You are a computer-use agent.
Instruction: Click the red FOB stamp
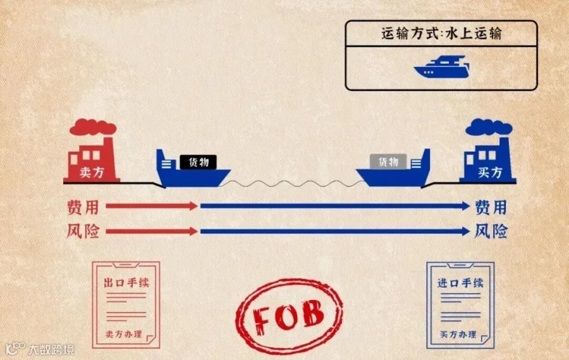tap(289, 312)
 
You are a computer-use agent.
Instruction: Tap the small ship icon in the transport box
tap(441, 66)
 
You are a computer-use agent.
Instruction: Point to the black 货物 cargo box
tap(198, 163)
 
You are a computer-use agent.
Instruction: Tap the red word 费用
tap(83, 207)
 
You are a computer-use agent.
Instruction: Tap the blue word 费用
tap(491, 207)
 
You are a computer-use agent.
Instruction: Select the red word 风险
tap(83, 232)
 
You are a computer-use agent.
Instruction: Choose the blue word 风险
tap(491, 232)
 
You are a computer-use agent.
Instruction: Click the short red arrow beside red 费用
tap(152, 206)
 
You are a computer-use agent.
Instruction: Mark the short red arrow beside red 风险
tap(152, 232)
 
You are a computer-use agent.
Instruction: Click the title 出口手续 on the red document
tap(126, 282)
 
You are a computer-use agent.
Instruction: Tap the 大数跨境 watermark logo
tap(39, 348)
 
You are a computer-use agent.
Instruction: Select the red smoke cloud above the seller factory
tap(88, 128)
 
